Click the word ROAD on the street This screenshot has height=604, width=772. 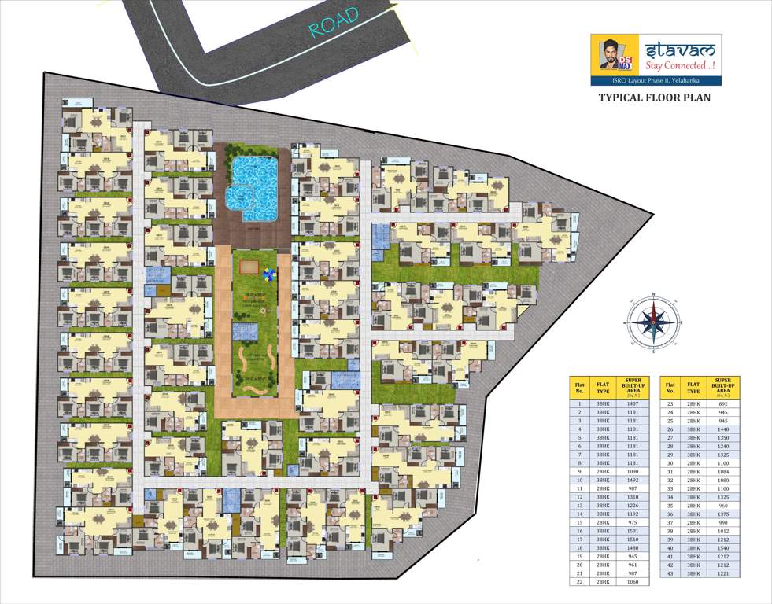pos(334,23)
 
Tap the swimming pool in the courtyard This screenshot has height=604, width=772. pos(251,186)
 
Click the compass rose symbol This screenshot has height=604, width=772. pos(652,320)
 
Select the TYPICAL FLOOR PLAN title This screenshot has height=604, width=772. pos(655,98)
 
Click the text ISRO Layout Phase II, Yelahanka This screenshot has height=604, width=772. pos(656,81)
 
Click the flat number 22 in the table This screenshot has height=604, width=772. pos(579,582)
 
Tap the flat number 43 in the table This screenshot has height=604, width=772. pos(670,573)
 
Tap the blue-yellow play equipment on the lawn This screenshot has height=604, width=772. pos(271,275)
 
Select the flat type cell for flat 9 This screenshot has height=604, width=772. pos(604,471)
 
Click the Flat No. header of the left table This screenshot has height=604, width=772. pos(579,386)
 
